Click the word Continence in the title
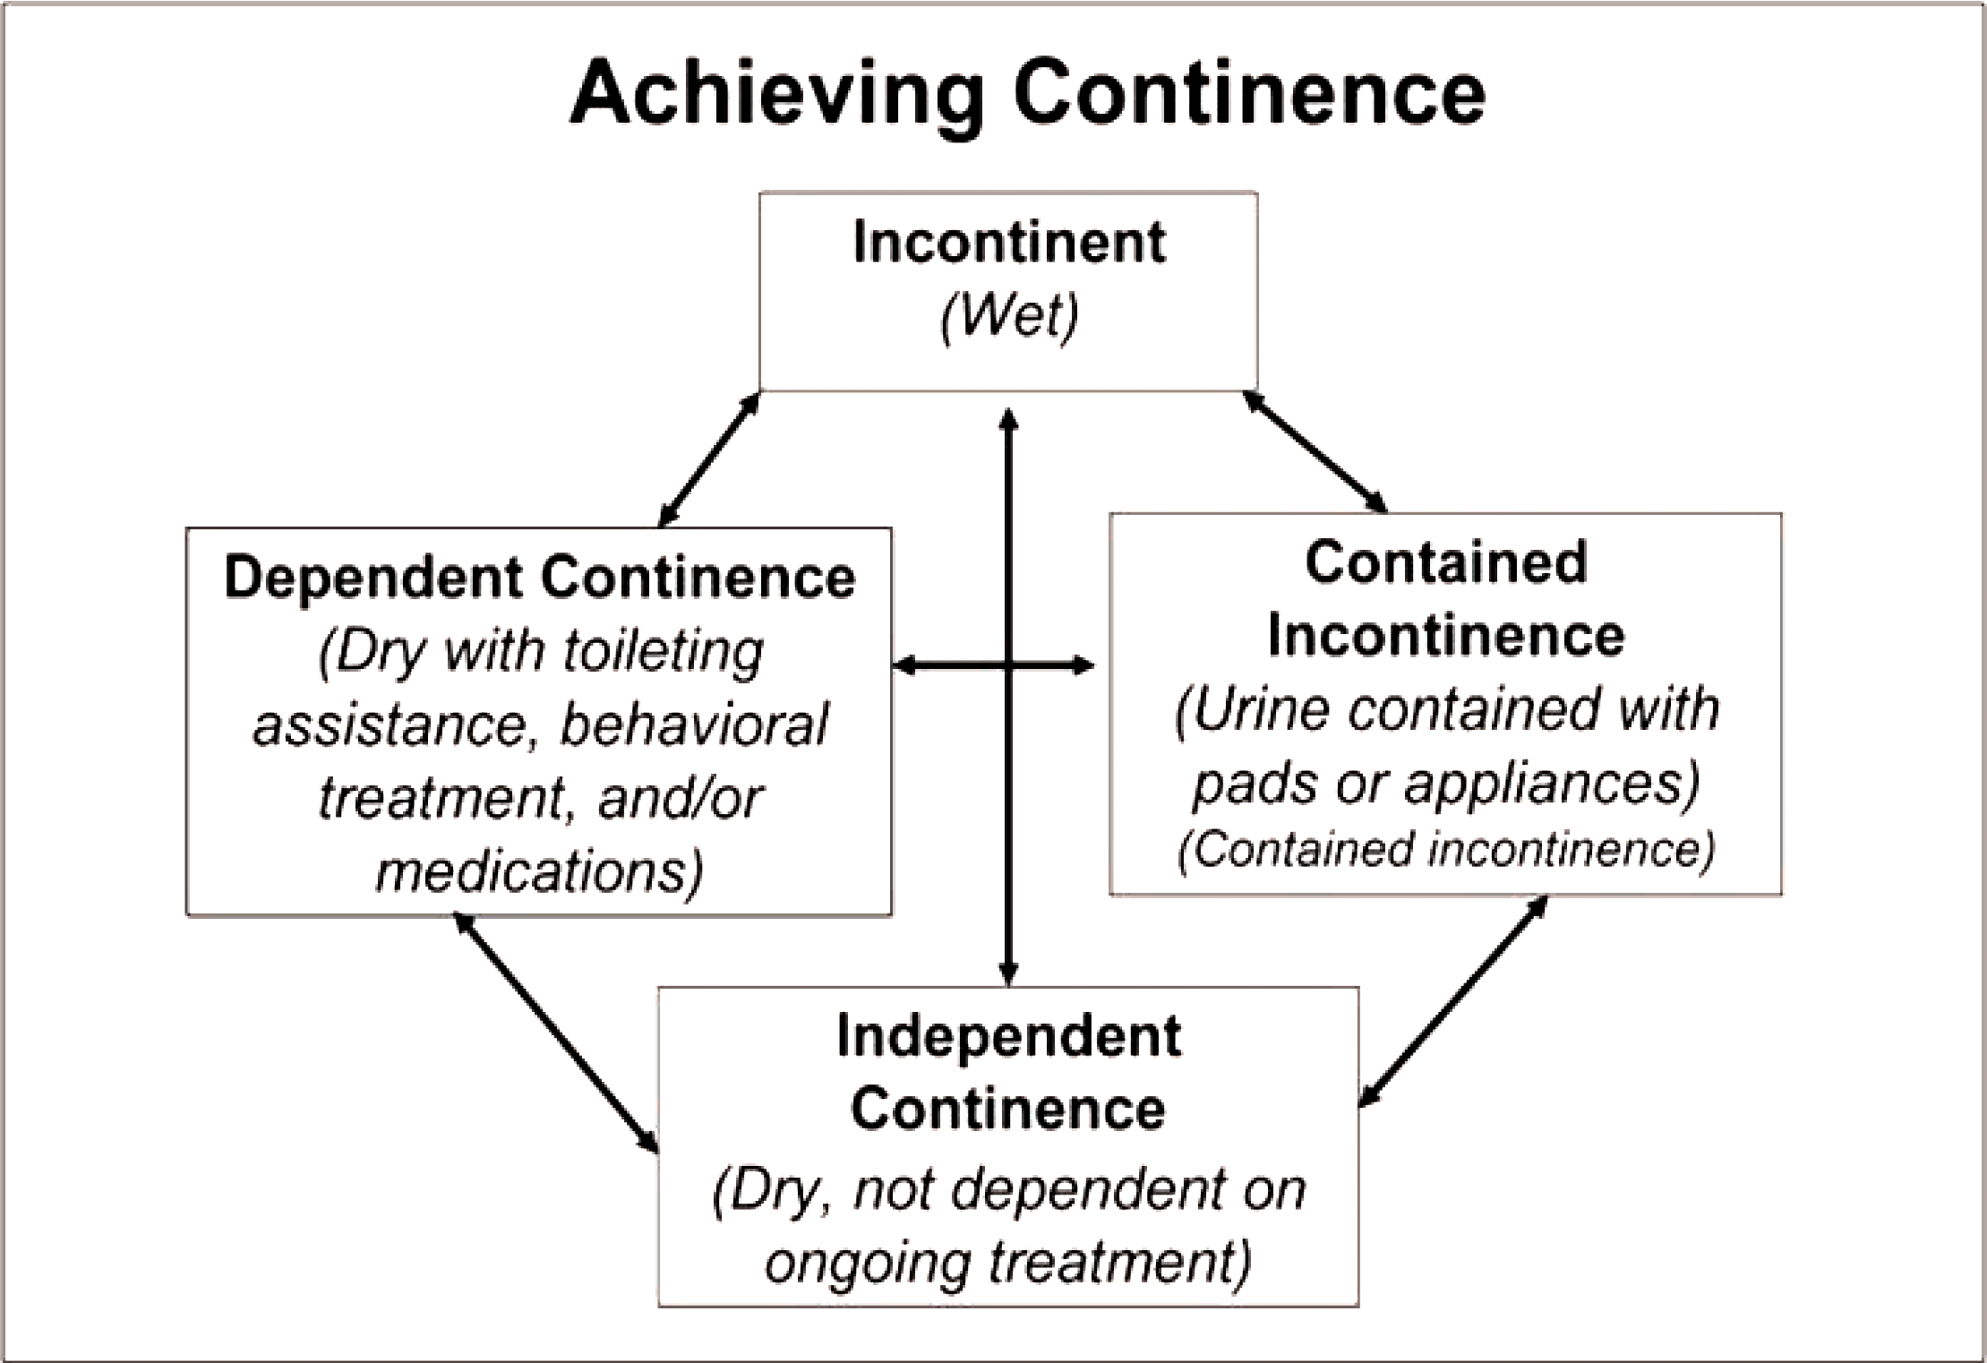(1250, 93)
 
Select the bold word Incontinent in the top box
(1009, 242)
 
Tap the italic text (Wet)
(1009, 315)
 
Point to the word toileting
(663, 652)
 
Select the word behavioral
(694, 725)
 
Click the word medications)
(539, 870)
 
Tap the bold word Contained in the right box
(1445, 562)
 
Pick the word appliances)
(1551, 783)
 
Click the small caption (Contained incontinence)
(1445, 849)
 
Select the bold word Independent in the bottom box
(1009, 1037)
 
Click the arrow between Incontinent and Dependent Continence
(709, 459)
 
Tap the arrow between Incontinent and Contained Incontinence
(1315, 451)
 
